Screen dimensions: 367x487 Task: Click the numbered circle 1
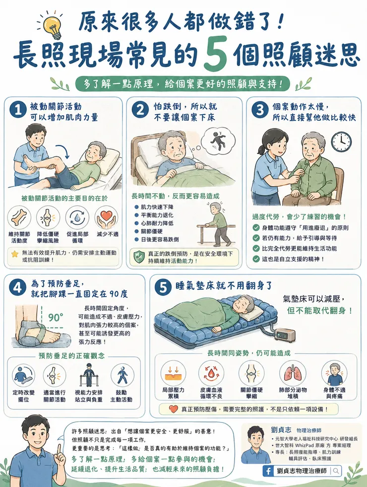coord(18,110)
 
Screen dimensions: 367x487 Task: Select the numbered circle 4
coord(18,288)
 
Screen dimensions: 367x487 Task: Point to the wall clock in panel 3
coord(341,142)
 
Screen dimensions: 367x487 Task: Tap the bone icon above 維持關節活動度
coord(19,217)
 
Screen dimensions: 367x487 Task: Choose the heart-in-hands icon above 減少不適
coord(107,217)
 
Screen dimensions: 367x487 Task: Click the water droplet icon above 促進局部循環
coord(77,217)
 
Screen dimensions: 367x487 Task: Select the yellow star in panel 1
coord(14,254)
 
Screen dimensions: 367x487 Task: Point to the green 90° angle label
coord(56,317)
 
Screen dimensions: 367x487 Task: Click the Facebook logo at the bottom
coord(268,471)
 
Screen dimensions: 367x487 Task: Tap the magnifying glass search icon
coord(336,471)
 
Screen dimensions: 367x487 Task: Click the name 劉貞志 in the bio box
coord(281,430)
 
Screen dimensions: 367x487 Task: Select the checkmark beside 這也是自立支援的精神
coord(256,259)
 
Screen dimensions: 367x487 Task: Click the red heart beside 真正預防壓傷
coord(174,409)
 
